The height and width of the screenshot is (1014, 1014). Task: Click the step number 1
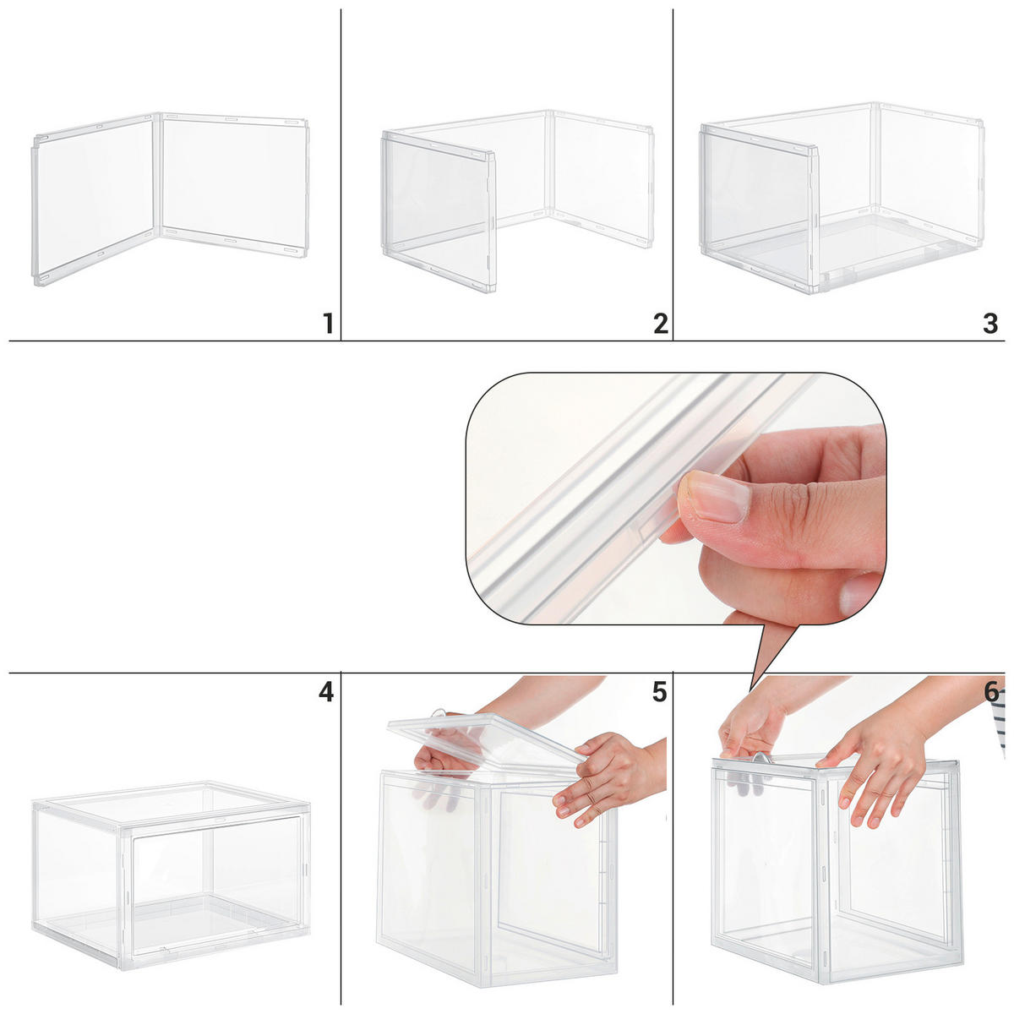click(x=328, y=323)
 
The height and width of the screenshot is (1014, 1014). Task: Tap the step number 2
click(x=660, y=323)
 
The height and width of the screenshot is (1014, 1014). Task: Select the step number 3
click(x=990, y=323)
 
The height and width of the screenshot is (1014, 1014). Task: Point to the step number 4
click(x=326, y=693)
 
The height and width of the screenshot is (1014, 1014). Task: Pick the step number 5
click(x=659, y=693)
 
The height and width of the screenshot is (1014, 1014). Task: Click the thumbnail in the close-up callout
click(x=714, y=499)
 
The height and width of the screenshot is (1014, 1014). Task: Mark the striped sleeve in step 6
click(x=1001, y=727)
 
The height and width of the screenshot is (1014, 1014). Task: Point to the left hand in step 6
click(x=748, y=727)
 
